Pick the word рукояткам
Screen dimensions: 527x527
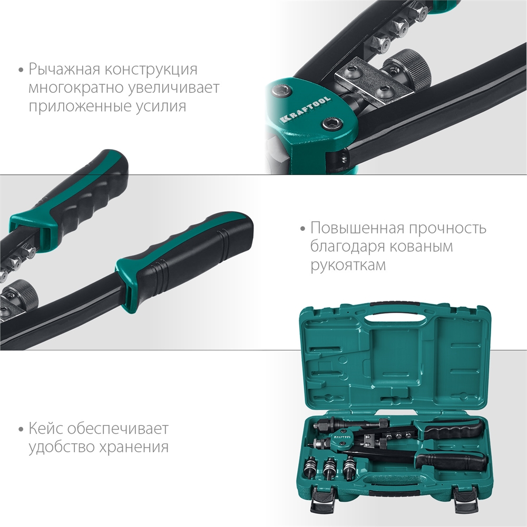pos(348,265)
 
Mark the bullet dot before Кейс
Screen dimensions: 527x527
pos(21,429)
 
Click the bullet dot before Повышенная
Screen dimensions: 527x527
pos(302,229)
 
